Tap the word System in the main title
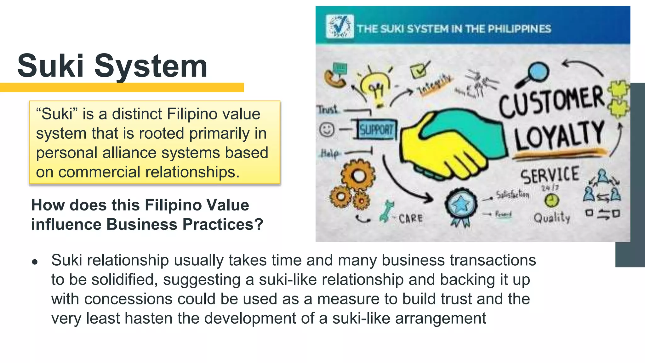click(151, 66)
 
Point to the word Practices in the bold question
click(223, 224)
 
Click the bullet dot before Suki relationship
click(35, 262)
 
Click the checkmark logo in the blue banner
click(340, 27)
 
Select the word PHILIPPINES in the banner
click(519, 29)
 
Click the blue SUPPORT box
click(376, 129)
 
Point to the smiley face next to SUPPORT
click(327, 129)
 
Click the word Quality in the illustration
click(552, 217)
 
